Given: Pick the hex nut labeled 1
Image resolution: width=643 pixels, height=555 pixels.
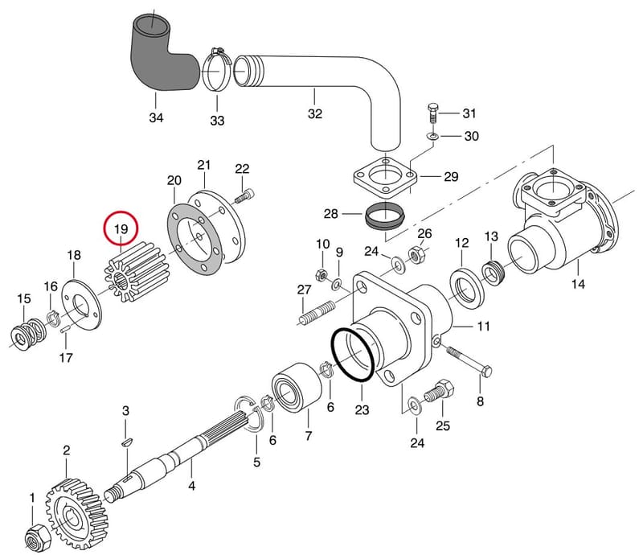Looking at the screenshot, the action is pyautogui.click(x=37, y=537).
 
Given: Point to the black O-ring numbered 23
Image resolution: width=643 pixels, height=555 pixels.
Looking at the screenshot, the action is pyautogui.click(x=353, y=354).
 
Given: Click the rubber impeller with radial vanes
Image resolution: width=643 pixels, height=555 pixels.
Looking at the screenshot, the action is pyautogui.click(x=135, y=272).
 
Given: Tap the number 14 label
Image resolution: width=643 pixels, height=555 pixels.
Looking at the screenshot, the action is pyautogui.click(x=578, y=284).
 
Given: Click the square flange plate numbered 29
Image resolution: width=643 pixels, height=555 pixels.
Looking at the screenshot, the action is pyautogui.click(x=386, y=177).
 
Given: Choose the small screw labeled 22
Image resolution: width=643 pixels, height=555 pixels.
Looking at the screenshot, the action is pyautogui.click(x=245, y=195).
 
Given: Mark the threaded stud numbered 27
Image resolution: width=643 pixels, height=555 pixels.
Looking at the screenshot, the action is pyautogui.click(x=317, y=313).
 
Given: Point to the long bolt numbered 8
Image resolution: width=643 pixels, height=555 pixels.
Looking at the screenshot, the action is pyautogui.click(x=469, y=360).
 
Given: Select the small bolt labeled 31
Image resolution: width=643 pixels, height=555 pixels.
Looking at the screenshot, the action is pyautogui.click(x=433, y=113).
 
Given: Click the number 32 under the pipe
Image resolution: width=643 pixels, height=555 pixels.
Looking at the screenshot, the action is pyautogui.click(x=314, y=113).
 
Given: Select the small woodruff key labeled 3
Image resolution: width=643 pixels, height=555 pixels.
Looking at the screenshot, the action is pyautogui.click(x=127, y=442).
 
